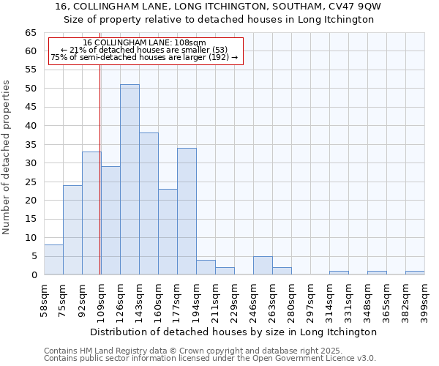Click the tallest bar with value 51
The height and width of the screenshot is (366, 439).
(130, 179)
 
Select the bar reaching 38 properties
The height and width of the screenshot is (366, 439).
(149, 203)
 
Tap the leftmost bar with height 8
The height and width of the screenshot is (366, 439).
(53, 260)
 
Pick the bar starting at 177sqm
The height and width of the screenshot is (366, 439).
(187, 211)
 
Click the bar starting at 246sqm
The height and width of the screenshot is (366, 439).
(263, 265)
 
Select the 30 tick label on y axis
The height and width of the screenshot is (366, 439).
(30, 163)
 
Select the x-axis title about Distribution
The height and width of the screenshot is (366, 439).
(233, 332)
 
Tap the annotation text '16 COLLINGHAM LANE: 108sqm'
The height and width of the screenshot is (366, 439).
(144, 43)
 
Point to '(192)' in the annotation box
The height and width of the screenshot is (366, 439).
(219, 57)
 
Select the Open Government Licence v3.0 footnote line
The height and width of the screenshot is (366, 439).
(209, 358)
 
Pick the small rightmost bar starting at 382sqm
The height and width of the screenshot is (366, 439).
(415, 272)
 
